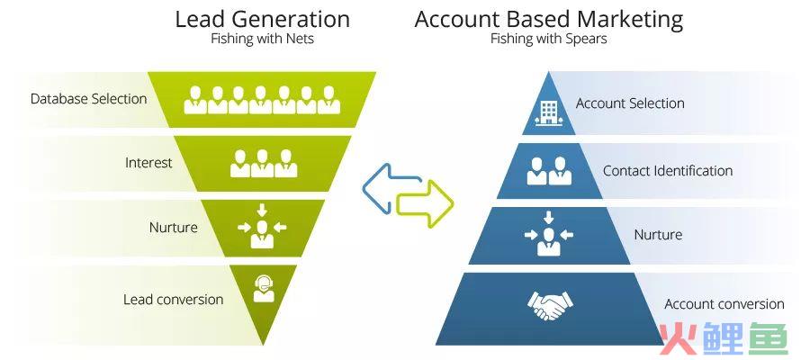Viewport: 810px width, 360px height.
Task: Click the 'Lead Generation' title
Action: (263, 20)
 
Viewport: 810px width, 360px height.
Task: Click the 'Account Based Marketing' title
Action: (549, 20)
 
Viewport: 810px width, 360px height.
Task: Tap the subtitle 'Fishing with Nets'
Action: (263, 40)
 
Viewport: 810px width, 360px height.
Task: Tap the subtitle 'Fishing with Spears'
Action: (549, 40)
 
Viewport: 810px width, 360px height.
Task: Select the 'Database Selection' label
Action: (89, 99)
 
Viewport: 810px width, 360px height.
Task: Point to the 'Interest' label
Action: (148, 163)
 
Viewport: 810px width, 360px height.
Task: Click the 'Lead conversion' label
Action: (173, 300)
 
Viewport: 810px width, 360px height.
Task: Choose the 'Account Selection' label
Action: (630, 103)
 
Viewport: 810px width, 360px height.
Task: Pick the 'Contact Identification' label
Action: (668, 170)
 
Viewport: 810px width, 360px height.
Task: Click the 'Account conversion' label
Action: (724, 304)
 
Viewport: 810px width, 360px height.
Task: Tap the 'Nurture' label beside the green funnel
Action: (174, 228)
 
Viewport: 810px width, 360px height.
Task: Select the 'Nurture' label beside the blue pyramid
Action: (658, 235)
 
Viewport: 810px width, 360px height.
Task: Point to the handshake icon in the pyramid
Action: (550, 304)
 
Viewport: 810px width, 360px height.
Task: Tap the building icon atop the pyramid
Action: (549, 112)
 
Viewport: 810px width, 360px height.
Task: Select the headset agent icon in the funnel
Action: (264, 288)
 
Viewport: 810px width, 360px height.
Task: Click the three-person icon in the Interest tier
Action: (264, 163)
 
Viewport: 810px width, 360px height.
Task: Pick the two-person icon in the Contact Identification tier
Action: (549, 171)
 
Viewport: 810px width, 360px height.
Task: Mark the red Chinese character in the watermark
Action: (679, 338)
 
